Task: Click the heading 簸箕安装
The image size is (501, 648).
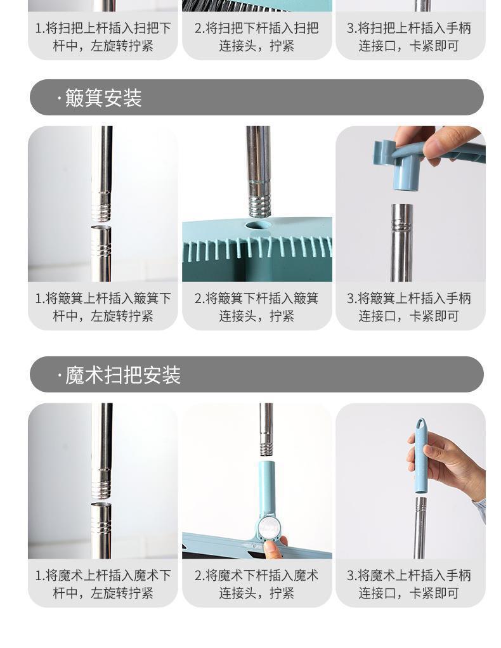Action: [103, 98]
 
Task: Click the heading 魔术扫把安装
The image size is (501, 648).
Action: [123, 375]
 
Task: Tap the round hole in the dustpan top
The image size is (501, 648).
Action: [258, 225]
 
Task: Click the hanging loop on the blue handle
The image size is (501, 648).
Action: [421, 424]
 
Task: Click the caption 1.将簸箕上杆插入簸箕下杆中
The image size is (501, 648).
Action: [103, 307]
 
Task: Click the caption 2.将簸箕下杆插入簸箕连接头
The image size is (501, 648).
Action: [256, 307]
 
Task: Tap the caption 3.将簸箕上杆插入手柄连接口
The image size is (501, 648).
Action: [409, 307]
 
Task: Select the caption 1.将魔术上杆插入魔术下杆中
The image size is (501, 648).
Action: [103, 584]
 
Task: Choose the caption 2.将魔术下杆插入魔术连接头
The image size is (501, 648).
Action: [256, 584]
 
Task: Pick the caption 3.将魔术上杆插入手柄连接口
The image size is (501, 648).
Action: [409, 584]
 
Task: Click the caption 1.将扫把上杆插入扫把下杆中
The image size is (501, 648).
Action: [103, 37]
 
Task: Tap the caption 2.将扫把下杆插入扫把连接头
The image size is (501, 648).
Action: [256, 37]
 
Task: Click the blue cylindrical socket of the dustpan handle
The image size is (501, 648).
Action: [407, 174]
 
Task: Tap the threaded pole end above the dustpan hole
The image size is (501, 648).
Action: [259, 204]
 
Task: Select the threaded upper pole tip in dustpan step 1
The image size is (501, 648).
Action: [101, 206]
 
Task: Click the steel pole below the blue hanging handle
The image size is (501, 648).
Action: [420, 528]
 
